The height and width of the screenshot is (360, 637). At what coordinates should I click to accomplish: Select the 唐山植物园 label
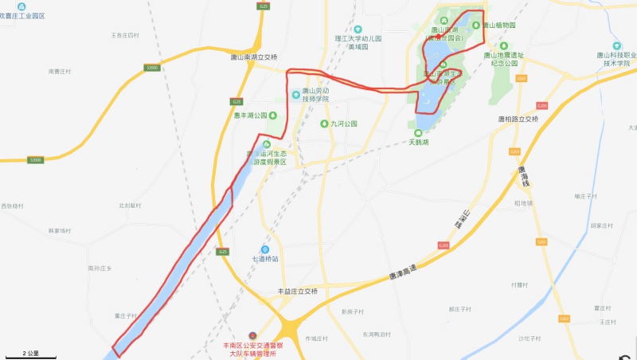pos(499,25)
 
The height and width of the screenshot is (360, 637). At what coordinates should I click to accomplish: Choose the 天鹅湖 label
pos(419,142)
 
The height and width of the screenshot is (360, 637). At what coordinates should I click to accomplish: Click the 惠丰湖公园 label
pos(251,115)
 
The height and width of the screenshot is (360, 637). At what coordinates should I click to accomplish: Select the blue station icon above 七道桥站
pos(266,248)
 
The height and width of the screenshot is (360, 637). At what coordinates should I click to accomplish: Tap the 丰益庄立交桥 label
pos(297,292)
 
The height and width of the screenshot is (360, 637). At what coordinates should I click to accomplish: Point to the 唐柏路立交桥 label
pos(518,119)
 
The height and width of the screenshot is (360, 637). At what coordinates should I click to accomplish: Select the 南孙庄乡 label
pos(100,268)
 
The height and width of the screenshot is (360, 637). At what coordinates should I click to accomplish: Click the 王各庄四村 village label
pos(125,36)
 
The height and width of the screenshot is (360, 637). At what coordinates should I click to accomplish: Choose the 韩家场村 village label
pos(60,230)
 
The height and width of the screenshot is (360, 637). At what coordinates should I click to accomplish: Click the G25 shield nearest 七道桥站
pos(222,252)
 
